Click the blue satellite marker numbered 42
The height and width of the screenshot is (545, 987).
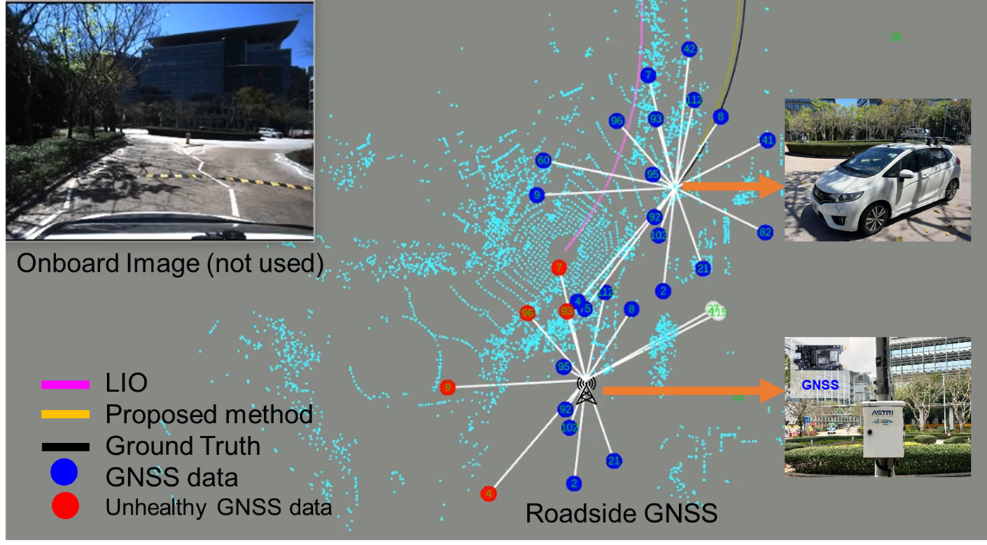pos(690,49)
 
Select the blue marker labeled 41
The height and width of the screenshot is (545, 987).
pos(768,140)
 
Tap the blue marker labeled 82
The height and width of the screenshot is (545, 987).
pos(765,232)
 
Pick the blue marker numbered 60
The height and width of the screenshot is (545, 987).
pos(542,161)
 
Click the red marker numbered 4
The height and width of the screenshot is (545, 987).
pos(488,494)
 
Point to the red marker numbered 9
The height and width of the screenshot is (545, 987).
pos(447,387)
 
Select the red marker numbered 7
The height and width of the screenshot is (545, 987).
pos(559,268)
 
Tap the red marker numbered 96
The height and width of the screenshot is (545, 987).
pos(528,313)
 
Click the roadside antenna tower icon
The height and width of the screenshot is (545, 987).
pos(586,391)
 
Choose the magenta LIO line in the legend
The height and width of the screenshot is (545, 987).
pos(66,384)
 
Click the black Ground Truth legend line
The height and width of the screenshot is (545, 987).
pos(66,446)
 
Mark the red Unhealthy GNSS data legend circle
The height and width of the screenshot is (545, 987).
pos(64,506)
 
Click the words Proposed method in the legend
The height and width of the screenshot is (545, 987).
pos(209,415)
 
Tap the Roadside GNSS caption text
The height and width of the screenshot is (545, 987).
pos(621,513)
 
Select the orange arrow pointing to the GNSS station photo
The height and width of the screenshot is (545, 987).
pos(693,390)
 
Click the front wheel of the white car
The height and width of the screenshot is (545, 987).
pos(876,219)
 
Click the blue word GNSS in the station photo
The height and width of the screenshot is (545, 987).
pos(820,385)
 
